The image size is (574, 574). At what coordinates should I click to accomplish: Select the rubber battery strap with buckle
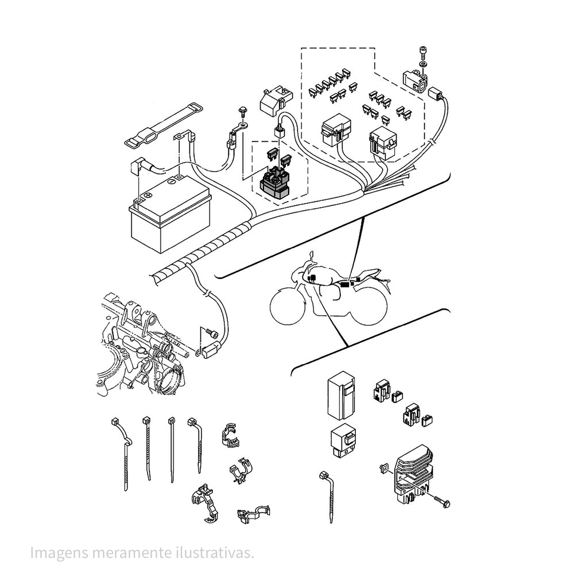163,124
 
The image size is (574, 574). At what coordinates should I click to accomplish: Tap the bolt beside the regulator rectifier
441,502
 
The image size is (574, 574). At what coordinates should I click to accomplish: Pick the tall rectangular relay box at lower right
342,397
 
